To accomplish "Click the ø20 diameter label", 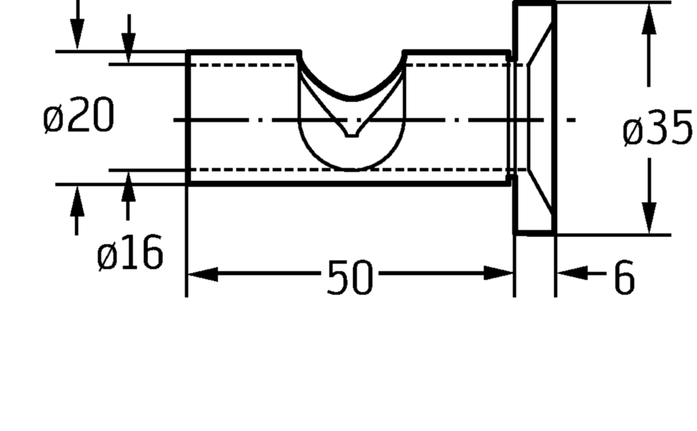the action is [x=78, y=116].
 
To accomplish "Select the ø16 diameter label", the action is [x=130, y=253].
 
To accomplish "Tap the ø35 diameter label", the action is [x=657, y=128].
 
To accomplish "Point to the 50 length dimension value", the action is [x=350, y=278].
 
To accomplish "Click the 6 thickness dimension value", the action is [x=625, y=277].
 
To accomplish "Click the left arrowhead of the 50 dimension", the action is [x=203, y=274].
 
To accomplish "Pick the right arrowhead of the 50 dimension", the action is [x=498, y=273].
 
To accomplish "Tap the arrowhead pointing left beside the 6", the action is [x=572, y=273].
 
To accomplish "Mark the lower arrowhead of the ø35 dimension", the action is [x=649, y=218].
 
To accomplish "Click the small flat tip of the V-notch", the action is [x=352, y=135].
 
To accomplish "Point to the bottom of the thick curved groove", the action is [x=352, y=98].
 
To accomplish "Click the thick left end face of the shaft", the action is [x=189, y=117].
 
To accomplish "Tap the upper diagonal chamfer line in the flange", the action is [x=540, y=44].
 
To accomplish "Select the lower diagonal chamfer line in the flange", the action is [x=540, y=192].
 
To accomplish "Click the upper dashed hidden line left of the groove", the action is [x=244, y=65].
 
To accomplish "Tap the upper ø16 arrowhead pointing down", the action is [x=129, y=48].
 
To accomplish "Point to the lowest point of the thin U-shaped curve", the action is [x=352, y=170].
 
